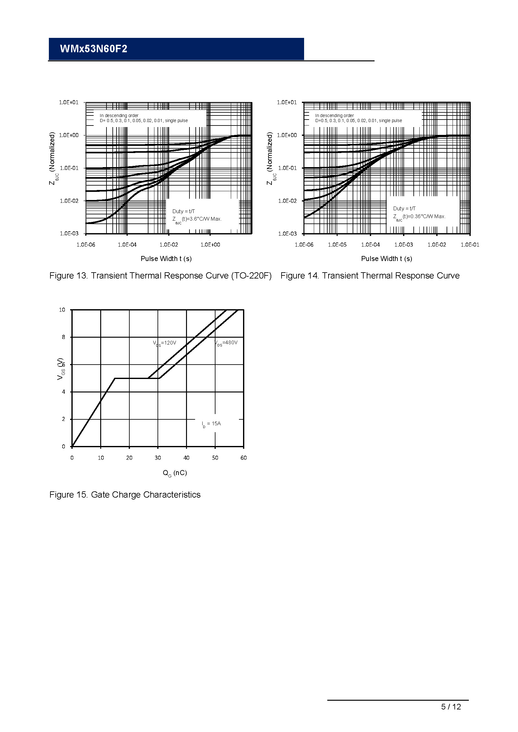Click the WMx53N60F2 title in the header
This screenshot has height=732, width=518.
click(x=93, y=49)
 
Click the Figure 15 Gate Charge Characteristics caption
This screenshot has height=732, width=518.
click(x=125, y=494)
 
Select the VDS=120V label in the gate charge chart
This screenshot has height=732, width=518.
click(x=165, y=343)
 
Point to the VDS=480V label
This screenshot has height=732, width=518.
click(x=226, y=343)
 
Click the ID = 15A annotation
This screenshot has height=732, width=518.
click(x=211, y=424)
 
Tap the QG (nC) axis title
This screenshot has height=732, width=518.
click(x=175, y=473)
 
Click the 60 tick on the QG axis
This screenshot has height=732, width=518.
click(x=243, y=458)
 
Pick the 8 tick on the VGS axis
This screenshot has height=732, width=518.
click(x=64, y=337)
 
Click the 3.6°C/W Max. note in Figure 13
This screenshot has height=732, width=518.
click(x=197, y=219)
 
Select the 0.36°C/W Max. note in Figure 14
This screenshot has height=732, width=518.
click(x=419, y=217)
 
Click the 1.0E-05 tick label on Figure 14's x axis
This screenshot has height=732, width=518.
click(x=337, y=244)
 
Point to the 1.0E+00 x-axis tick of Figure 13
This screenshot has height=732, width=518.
click(x=210, y=244)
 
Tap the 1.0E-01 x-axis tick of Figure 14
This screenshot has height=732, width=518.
click(x=470, y=244)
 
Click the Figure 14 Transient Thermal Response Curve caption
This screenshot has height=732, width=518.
click(x=370, y=275)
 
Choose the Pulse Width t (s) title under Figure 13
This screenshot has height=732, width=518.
click(x=166, y=259)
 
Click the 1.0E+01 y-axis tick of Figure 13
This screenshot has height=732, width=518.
click(x=69, y=102)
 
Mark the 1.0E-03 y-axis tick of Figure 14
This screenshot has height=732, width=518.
click(x=287, y=234)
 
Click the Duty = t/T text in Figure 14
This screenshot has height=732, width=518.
click(x=404, y=208)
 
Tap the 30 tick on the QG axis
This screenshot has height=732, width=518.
click(x=158, y=458)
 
